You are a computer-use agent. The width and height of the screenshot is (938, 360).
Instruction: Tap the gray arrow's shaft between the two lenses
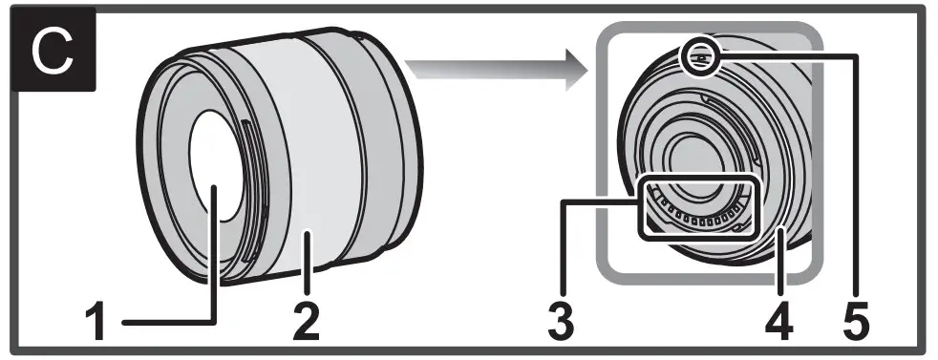[468, 70]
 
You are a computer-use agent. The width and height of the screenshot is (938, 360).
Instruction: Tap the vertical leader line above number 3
[563, 248]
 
